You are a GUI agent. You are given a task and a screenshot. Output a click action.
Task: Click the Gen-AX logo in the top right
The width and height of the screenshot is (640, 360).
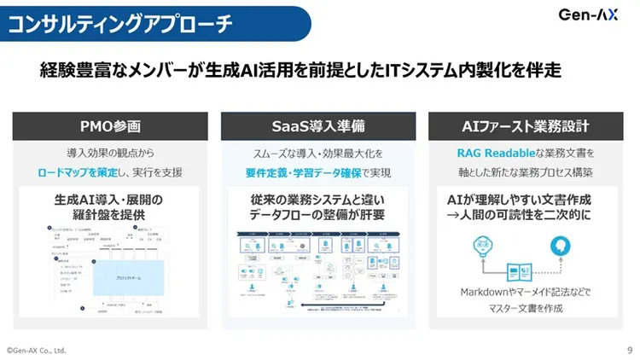coord(588,15)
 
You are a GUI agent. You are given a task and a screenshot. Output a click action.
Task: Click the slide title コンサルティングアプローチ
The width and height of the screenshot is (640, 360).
coord(119,23)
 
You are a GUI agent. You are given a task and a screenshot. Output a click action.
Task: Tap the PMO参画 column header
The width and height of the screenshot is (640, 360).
coord(110,126)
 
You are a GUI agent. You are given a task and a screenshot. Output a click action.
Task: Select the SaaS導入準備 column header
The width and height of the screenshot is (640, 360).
coord(318,126)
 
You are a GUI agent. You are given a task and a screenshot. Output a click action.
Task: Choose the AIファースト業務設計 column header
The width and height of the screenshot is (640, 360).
coord(527,126)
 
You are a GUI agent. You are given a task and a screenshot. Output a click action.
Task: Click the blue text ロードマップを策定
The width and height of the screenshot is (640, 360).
coord(79,171)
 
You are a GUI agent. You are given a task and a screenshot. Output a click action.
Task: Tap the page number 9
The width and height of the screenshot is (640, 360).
coord(630,350)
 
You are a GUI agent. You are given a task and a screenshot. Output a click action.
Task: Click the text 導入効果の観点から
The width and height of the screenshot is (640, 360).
coord(110,154)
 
